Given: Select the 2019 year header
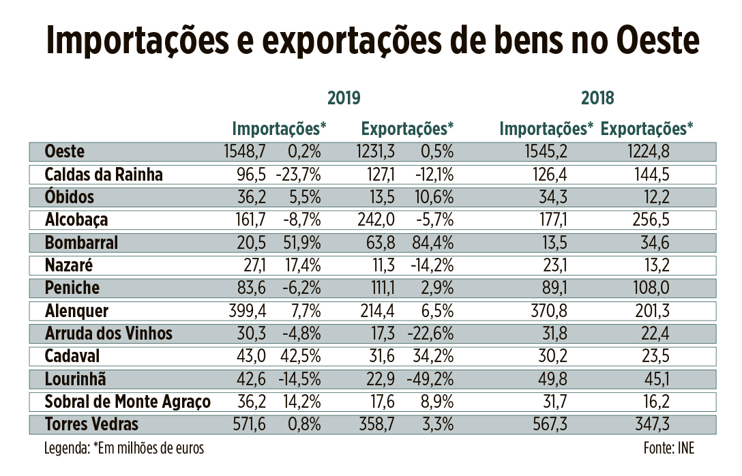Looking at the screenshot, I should [344, 98].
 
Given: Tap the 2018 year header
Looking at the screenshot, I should [597, 98].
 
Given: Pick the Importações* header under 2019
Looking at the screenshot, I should [280, 128].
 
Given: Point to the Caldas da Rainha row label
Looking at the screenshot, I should [104, 174].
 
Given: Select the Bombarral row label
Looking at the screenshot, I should [81, 243].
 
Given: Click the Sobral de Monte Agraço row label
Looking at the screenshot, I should [127, 402].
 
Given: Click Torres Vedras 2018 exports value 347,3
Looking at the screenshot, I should [651, 425].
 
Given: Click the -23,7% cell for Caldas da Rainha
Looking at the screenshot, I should [298, 174].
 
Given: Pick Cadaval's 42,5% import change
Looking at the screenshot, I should [300, 357].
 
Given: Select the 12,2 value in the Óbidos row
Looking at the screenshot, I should [655, 197].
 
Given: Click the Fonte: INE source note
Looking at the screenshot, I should [668, 448].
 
